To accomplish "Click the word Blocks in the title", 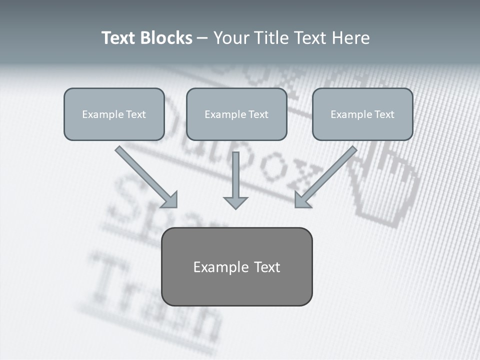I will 166,38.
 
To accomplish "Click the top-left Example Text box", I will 114,114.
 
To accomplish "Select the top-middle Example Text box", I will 236,114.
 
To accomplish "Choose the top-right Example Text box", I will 362,114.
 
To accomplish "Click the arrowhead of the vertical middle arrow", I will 235,202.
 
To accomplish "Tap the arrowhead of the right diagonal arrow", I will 302,200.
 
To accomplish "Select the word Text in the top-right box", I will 384,114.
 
